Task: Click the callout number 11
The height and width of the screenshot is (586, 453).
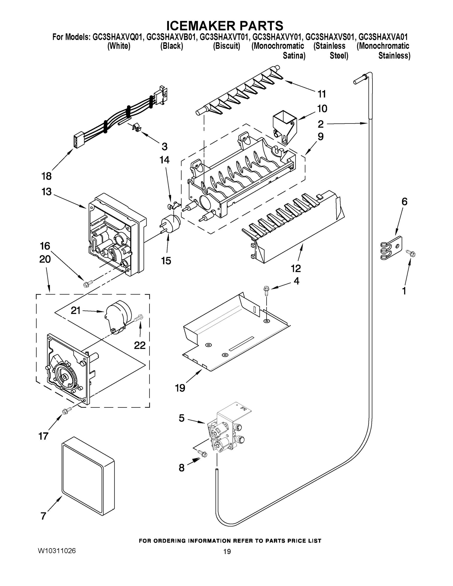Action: (x=322, y=94)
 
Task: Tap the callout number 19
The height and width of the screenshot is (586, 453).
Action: (x=180, y=388)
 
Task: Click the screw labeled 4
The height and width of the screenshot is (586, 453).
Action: (x=266, y=290)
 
